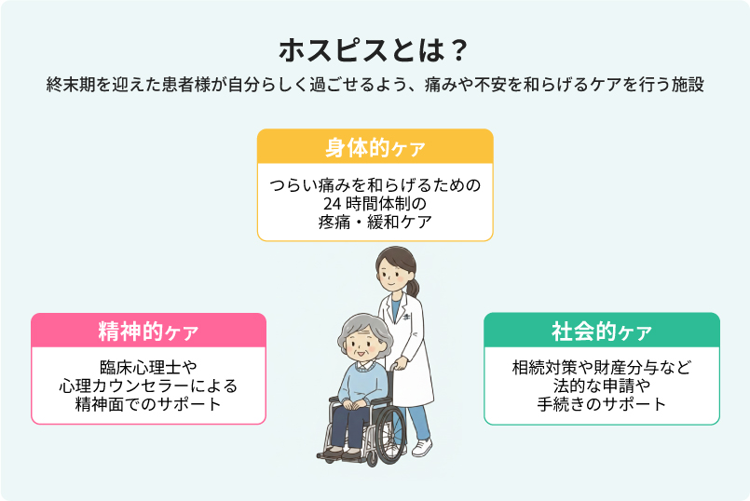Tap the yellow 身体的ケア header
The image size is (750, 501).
374,147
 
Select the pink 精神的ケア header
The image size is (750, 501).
148,331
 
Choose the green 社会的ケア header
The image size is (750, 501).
601,331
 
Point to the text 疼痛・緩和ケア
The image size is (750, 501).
374,222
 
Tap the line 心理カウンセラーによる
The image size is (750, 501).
148,386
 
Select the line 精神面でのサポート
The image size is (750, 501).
148,404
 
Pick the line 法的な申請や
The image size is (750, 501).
601,386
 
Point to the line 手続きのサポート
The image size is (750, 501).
601,404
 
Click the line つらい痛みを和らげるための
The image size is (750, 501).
374,184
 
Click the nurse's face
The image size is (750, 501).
391,273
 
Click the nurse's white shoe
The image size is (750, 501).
422,448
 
